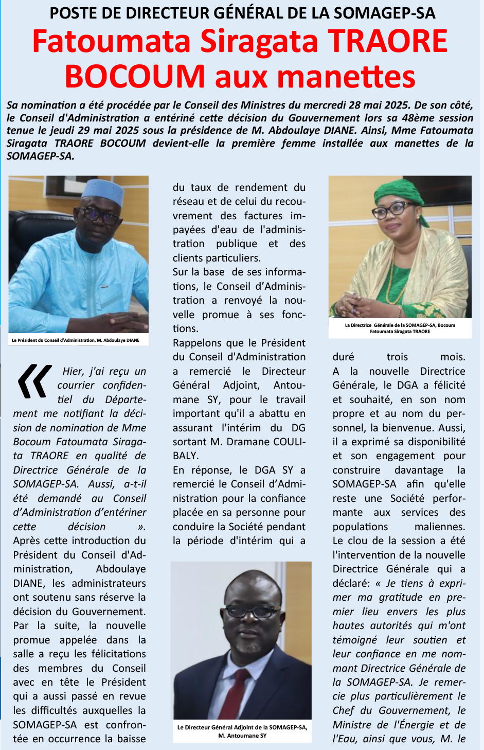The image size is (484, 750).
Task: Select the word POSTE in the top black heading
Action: coord(69,12)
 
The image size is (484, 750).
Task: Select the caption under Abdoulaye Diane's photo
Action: coord(76,340)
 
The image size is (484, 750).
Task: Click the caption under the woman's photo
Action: coord(400,328)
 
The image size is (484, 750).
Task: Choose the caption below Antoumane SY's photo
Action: coord(242,731)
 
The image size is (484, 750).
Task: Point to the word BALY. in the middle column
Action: coord(186,456)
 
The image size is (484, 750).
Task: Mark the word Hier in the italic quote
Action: coord(73,371)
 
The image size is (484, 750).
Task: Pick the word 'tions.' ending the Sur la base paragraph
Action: coord(185,328)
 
